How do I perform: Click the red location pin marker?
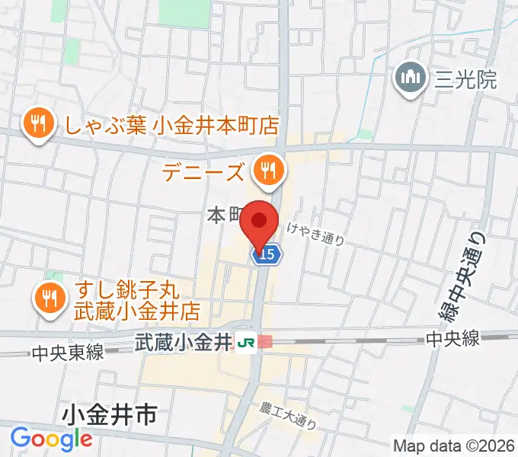tap(259, 222)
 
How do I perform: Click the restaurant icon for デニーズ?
tap(267, 169)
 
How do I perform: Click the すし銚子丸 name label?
tap(126, 291)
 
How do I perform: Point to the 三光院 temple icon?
tap(411, 78)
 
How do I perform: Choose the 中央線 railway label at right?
tap(452, 339)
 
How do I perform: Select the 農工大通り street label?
tap(288, 415)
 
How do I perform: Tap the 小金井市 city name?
tap(110, 416)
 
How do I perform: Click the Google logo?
tap(51, 439)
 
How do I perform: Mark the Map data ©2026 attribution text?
tap(453, 446)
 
